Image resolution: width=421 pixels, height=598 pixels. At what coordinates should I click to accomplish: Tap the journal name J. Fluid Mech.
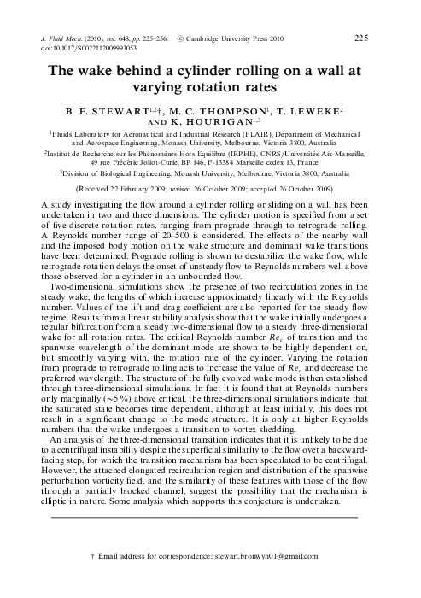pyautogui.click(x=66, y=39)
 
